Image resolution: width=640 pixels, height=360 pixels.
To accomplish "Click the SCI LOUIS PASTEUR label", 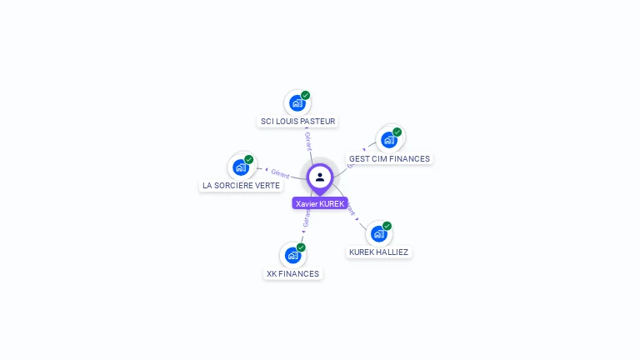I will click(297, 122).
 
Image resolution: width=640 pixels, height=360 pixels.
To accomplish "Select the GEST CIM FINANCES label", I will click(389, 158).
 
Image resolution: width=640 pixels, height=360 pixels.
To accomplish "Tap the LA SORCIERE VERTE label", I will click(241, 185).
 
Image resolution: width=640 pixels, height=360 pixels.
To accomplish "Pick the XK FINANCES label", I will click(292, 273).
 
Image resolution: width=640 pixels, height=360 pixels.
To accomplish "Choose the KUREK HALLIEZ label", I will click(379, 252).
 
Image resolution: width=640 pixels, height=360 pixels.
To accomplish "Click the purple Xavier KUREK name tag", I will click(320, 203).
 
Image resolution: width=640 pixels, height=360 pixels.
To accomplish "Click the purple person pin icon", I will click(320, 177).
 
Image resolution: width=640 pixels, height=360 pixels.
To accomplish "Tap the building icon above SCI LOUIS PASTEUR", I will click(296, 103).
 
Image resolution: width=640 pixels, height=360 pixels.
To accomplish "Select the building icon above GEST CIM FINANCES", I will click(388, 139).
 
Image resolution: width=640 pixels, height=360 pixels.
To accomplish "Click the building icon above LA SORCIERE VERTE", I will click(240, 167).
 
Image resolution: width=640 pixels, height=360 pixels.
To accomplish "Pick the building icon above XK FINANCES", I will click(292, 255).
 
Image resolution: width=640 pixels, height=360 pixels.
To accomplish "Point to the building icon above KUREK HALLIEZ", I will click(378, 233).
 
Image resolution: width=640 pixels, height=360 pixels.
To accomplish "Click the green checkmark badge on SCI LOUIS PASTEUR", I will click(306, 95).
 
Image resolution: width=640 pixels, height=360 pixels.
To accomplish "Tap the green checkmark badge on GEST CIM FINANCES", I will click(397, 132).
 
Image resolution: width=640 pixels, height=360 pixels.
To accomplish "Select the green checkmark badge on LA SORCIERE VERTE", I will click(249, 159).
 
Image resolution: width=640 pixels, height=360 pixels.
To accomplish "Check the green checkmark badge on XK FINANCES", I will click(301, 247).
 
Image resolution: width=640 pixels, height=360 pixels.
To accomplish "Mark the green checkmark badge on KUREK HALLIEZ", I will click(387, 226).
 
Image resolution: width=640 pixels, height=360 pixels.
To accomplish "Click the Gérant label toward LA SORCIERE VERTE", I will click(280, 174).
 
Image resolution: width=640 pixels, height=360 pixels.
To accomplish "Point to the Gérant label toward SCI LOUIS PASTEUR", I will click(308, 141).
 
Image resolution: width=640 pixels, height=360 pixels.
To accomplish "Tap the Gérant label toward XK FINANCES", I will click(306, 218).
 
